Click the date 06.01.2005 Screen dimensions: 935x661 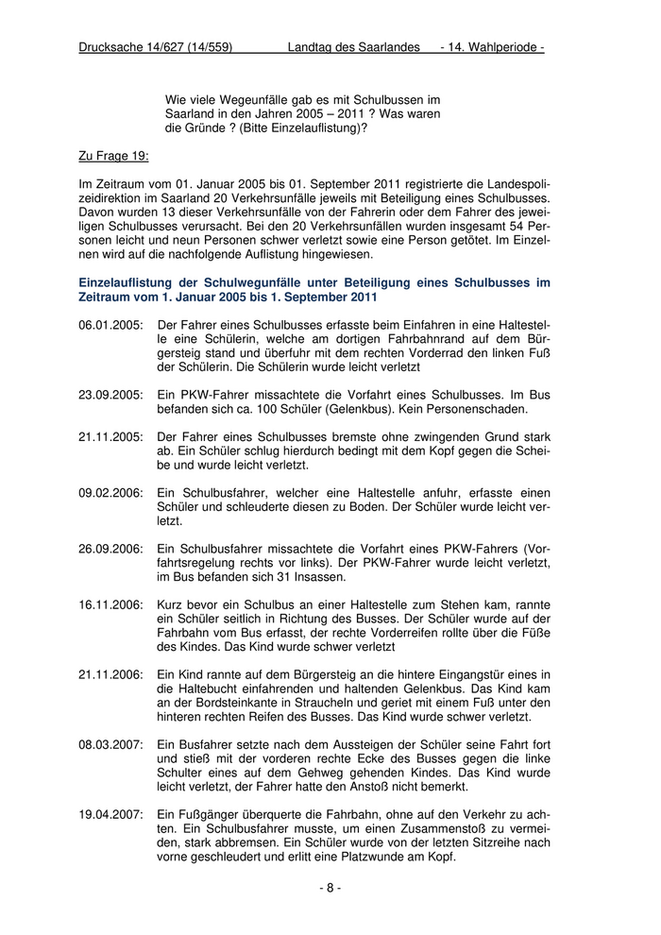pos(110,325)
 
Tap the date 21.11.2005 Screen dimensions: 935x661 pos(110,437)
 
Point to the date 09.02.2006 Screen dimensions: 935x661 pos(110,494)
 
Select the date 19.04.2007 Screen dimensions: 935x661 pos(110,814)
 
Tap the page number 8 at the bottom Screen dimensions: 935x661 pos(330,888)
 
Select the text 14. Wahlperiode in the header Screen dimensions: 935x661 pos(497,47)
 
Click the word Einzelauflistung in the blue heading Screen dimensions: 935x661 pos(127,282)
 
